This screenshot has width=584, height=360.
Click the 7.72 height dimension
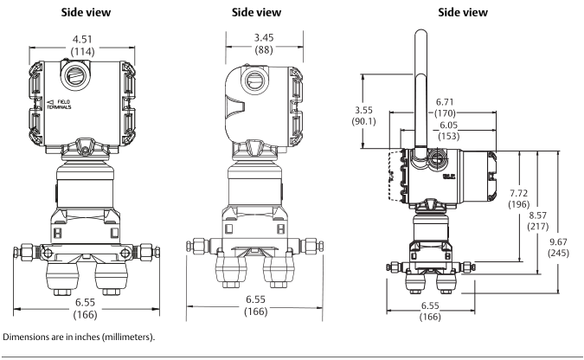(519, 192)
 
